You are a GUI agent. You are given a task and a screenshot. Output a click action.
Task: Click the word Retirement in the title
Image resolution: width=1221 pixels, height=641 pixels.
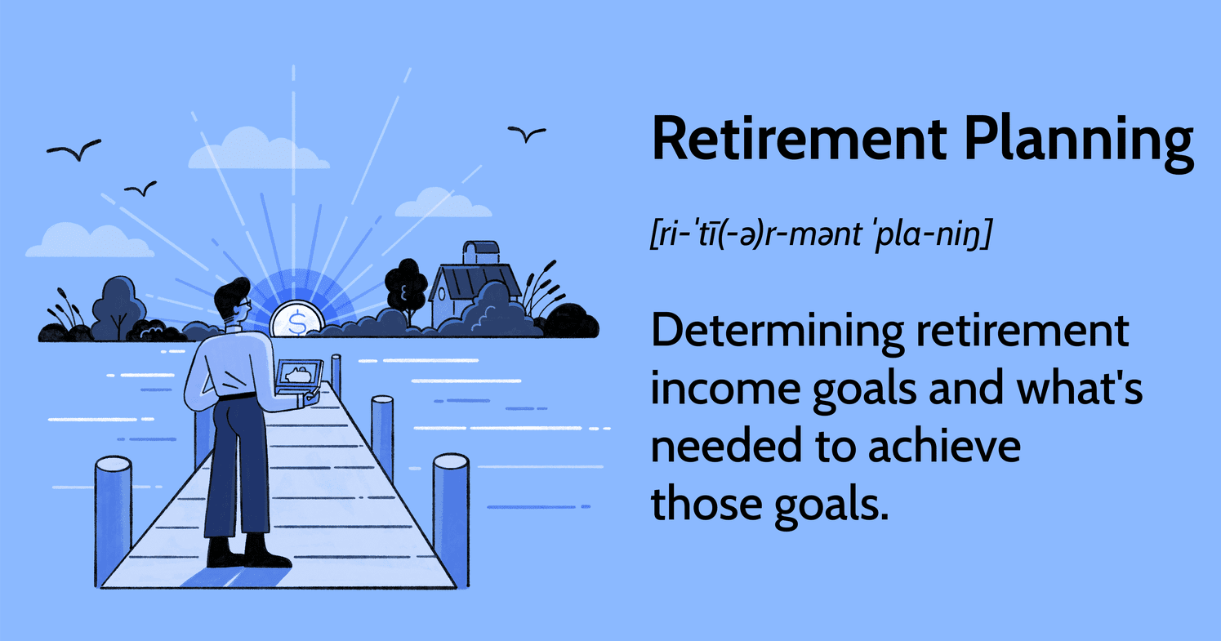(799, 139)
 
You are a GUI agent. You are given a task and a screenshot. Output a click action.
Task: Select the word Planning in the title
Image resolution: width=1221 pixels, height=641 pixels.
(1079, 144)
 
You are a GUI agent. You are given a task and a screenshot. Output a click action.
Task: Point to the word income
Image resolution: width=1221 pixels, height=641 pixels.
(725, 388)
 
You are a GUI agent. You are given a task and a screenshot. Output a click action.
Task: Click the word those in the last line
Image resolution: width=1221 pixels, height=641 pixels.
(706, 503)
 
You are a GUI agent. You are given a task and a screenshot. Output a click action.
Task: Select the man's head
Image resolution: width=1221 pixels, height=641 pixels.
(234, 302)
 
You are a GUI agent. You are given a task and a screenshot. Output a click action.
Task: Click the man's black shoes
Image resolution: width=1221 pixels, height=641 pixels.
(245, 552)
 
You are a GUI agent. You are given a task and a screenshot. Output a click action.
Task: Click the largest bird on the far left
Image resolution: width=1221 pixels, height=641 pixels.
(74, 150)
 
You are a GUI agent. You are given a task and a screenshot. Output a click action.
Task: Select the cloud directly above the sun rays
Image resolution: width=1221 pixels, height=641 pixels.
(258, 149)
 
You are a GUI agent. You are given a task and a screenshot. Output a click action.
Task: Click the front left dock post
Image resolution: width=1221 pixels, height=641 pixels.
(114, 520)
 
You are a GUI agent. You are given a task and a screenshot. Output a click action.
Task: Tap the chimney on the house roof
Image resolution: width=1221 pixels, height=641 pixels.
(480, 252)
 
